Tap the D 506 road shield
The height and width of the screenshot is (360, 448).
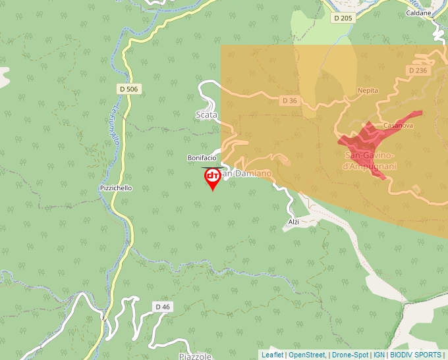click(x=130, y=88)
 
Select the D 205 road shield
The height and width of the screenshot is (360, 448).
click(x=343, y=18)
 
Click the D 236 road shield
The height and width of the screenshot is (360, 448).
click(x=418, y=70)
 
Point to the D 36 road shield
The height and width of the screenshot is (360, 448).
click(x=289, y=101)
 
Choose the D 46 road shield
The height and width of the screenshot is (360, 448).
click(x=162, y=307)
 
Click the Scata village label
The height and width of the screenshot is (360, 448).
click(x=206, y=115)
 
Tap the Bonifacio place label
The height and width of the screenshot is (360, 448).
click(x=202, y=158)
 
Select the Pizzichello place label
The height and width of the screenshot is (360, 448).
click(x=115, y=188)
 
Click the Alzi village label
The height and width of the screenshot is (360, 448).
click(x=294, y=222)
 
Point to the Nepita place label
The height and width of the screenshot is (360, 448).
click(x=368, y=91)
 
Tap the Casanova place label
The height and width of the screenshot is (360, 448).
click(x=398, y=125)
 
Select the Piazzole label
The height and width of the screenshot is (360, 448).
click(x=195, y=356)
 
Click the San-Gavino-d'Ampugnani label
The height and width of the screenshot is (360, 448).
click(x=370, y=161)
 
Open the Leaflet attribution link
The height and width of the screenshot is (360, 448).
click(x=273, y=355)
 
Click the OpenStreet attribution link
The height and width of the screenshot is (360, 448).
click(x=307, y=355)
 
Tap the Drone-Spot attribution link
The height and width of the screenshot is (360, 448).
click(x=350, y=355)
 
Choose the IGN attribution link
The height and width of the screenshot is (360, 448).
click(x=379, y=355)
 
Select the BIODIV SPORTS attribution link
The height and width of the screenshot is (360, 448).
click(x=416, y=355)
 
